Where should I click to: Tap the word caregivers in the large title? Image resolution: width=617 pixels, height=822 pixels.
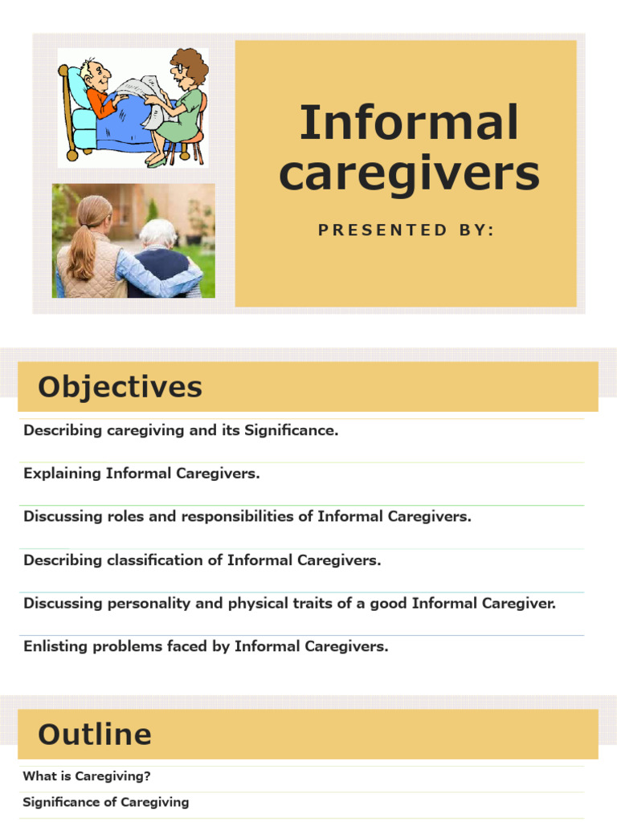tap(409, 173)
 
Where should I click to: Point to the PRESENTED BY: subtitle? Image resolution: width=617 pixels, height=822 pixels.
tap(407, 230)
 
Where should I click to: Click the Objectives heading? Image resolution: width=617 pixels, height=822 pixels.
tap(120, 388)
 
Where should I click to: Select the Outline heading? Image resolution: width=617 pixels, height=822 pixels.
tap(95, 735)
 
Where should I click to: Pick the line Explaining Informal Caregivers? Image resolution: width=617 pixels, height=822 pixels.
tap(141, 474)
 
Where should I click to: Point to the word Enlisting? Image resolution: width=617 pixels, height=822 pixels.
tap(51, 646)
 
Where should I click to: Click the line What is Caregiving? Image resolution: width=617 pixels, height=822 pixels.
tap(87, 776)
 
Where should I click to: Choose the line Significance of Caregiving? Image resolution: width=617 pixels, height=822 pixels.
tap(105, 802)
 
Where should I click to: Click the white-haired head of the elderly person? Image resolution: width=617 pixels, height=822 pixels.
tap(157, 234)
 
